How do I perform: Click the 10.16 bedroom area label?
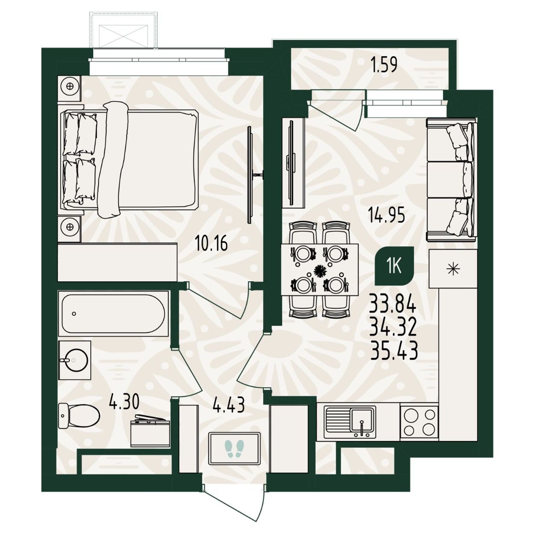(x=211, y=244)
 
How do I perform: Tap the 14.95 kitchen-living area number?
(x=386, y=215)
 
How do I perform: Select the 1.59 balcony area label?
(x=384, y=65)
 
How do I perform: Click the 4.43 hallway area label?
(x=228, y=405)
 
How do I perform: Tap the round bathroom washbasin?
(x=74, y=360)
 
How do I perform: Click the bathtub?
(x=113, y=314)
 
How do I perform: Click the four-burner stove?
(x=419, y=422)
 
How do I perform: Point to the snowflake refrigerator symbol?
(x=454, y=268)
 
